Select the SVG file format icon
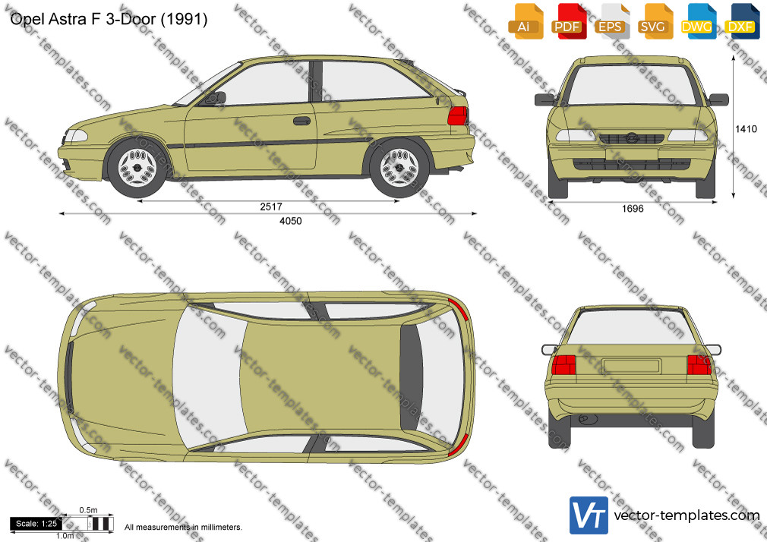click(654, 21)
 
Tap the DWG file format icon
click(696, 21)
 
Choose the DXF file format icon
click(740, 21)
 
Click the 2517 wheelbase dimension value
click(271, 207)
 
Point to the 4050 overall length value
click(291, 221)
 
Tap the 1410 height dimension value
click(746, 128)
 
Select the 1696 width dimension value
click(633, 209)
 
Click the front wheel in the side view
click(137, 167)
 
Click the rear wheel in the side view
click(399, 167)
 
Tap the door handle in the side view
click(301, 121)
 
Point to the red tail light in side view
click(457, 116)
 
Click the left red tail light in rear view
click(563, 365)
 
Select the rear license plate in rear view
click(632, 366)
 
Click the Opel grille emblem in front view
click(631, 138)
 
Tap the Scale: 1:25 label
click(36, 524)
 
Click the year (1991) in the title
click(184, 19)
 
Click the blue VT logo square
click(589, 515)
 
